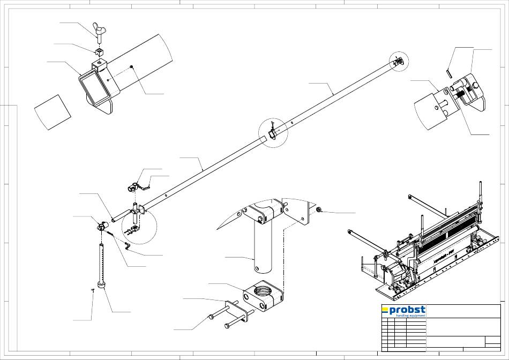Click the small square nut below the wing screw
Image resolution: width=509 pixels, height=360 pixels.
pyautogui.click(x=99, y=52)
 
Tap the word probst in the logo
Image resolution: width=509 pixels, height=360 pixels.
pyautogui.click(x=407, y=310)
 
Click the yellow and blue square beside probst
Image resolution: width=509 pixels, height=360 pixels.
pyautogui.click(x=384, y=310)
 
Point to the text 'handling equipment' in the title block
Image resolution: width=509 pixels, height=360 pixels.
pyautogui.click(x=410, y=316)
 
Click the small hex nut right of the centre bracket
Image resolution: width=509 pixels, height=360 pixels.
pyautogui.click(x=319, y=209)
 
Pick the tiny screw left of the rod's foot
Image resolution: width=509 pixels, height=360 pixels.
pyautogui.click(x=93, y=290)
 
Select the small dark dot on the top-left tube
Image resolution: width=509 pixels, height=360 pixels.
pyautogui.click(x=132, y=66)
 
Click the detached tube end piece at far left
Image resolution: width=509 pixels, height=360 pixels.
pyautogui.click(x=53, y=112)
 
